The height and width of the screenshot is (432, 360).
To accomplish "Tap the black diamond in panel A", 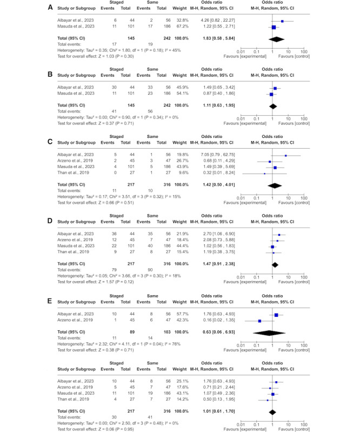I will click(276, 39).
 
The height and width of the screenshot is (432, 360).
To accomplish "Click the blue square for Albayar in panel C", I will click(286, 155).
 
